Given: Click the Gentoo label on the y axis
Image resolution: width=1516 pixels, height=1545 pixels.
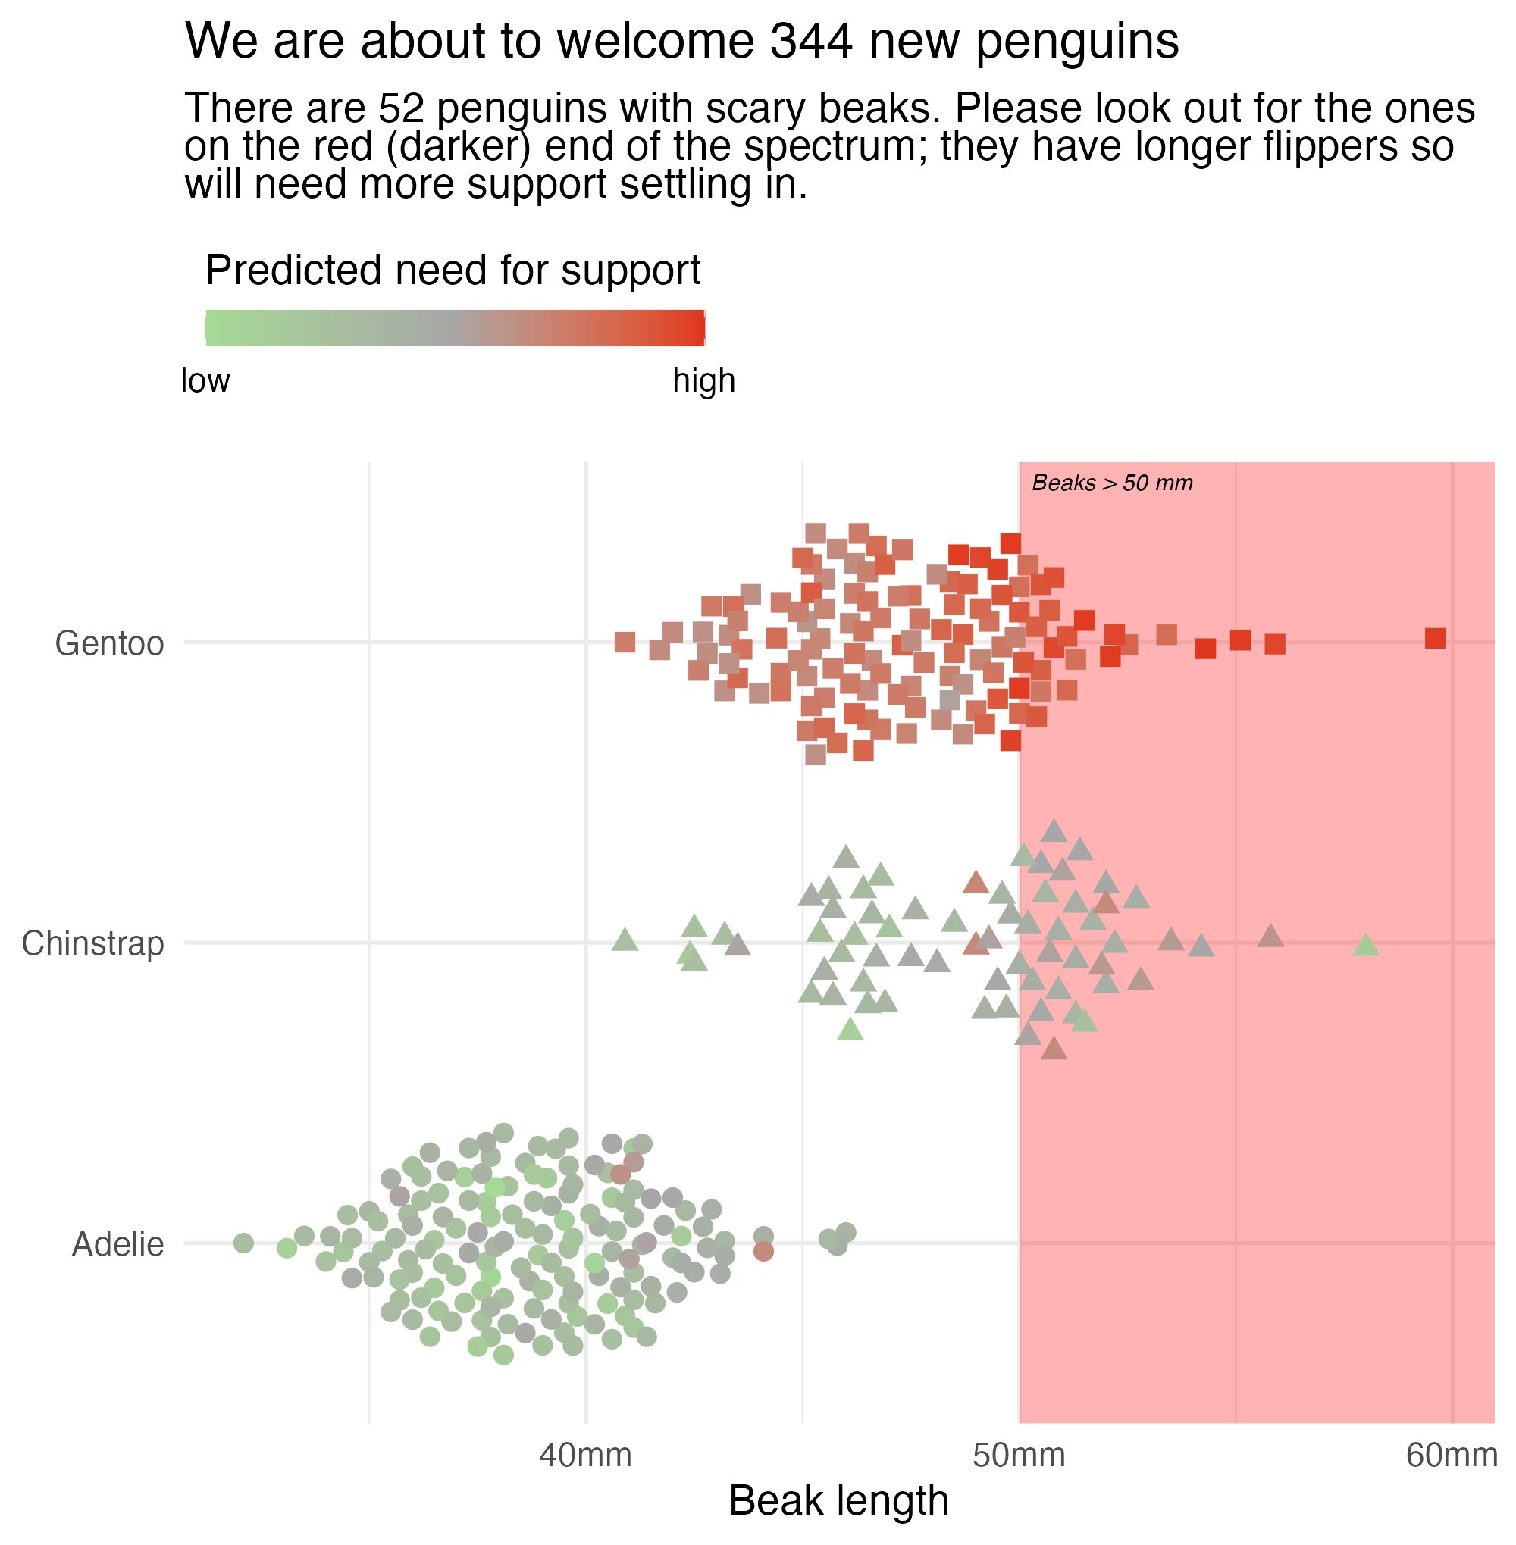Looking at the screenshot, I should click(109, 643).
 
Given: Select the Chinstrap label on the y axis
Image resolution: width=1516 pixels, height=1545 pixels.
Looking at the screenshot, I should click(92, 944).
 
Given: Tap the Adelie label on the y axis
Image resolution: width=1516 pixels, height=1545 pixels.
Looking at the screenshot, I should click(117, 1244).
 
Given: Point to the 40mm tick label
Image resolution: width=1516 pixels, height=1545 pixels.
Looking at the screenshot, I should click(585, 1456).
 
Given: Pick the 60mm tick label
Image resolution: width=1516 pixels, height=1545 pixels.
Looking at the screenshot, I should click(1452, 1456).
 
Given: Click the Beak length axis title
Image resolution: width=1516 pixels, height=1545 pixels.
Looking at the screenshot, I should click(838, 1502).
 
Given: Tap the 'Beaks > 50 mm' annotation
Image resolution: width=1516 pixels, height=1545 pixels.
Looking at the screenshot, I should click(1112, 483).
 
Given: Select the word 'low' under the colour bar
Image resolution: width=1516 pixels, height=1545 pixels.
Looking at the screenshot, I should click(205, 381).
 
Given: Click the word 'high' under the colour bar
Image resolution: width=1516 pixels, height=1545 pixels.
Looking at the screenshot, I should click(704, 381).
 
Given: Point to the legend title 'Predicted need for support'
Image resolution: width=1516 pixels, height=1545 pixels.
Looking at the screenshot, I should click(453, 271).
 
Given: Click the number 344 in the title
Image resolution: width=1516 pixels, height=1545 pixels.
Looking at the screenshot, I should click(810, 42).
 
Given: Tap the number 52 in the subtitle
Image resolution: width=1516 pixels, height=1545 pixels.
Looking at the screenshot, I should click(401, 108).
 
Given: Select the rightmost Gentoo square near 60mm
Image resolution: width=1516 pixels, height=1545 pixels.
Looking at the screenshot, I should click(1435, 638).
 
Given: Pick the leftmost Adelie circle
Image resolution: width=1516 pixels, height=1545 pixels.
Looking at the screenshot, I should click(243, 1243).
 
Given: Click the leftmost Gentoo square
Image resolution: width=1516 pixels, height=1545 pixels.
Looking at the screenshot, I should click(625, 643).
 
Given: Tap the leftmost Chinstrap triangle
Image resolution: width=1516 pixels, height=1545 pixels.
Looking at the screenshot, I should click(625, 940).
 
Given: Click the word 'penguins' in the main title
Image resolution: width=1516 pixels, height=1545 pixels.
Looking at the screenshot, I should click(1077, 42).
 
